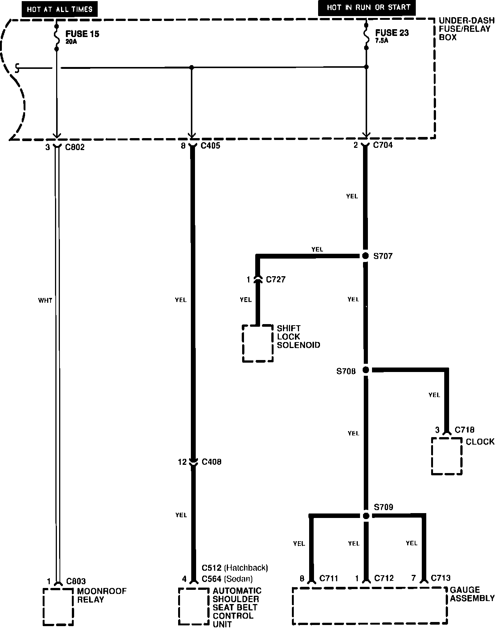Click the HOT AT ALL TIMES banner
coord(60,9)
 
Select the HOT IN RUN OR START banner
coord(367,8)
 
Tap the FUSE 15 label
coord(82,34)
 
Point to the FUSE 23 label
coord(392,33)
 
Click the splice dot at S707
coord(366,256)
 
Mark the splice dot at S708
coord(366,370)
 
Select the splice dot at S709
coord(366,516)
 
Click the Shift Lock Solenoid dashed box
coord(243,343)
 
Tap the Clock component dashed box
coord(432,456)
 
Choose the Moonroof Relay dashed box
coord(43,606)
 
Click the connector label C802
coord(75,147)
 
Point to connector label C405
coord(210,146)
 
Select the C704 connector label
coord(383,145)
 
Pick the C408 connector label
coord(211,462)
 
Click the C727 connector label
coord(276,280)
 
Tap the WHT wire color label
coord(45,301)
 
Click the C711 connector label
coord(329,578)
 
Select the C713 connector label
coord(440,578)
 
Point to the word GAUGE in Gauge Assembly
coord(465,590)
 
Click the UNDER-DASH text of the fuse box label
coord(467,21)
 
